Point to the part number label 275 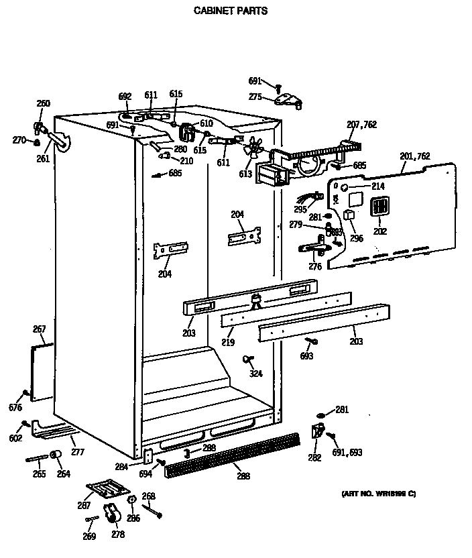click(255, 97)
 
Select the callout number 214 click(377, 186)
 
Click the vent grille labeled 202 click(379, 207)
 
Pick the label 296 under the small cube click(356, 238)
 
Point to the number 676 click(15, 408)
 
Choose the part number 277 click(78, 452)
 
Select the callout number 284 click(121, 466)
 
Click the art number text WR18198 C click(379, 494)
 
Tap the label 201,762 click(415, 156)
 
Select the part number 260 click(43, 103)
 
